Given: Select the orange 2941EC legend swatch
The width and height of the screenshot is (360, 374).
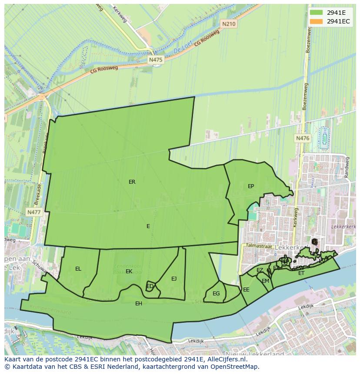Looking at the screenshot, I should point(317,21).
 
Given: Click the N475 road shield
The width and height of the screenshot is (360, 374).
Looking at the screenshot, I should point(156,60).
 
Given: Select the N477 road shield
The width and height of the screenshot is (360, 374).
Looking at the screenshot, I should point(33,212).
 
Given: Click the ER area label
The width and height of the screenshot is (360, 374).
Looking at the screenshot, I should point(132,182).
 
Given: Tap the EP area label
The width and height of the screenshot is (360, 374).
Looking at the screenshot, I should point(251,186).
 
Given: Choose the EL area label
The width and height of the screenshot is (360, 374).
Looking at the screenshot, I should point(78,269).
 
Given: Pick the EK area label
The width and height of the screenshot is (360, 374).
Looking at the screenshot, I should point(129,271).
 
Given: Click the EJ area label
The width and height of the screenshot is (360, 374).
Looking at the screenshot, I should point(174,279).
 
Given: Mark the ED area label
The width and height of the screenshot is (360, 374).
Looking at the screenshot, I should point(150,286).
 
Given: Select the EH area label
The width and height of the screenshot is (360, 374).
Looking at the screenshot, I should point(139,303).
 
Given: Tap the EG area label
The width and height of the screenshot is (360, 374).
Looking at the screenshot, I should point(216,294).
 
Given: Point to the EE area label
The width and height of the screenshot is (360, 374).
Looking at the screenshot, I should point(246,290).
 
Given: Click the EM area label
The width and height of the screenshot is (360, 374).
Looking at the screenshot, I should point(265,281).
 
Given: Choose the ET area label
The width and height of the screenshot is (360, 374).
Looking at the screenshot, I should point(301,273).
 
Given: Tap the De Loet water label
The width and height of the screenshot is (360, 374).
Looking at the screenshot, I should point(183,51).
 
